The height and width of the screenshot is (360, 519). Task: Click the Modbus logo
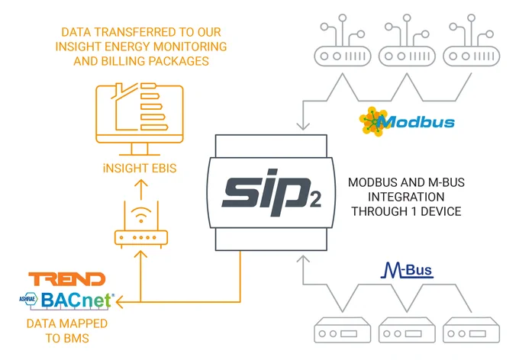coord(407,121)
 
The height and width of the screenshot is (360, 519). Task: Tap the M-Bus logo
coord(407,270)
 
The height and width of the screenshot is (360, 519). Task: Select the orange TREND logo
coord(67,279)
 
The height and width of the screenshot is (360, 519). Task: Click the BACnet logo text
coord(77,300)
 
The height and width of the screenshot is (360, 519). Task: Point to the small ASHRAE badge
coord(28,299)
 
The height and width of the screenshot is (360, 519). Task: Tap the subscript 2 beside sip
coord(315,200)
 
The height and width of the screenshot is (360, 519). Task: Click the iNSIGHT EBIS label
coord(140,168)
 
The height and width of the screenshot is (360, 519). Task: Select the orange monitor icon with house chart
coord(140,119)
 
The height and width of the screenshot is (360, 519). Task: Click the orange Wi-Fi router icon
coord(141,224)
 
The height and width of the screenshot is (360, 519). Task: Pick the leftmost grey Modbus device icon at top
coord(342,40)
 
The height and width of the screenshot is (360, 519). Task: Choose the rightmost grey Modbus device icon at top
coord(472,40)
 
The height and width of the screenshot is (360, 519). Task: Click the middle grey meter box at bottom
coord(407,330)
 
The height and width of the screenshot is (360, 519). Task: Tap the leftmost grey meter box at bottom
coord(342,330)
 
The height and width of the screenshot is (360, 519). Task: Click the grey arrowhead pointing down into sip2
coord(303,126)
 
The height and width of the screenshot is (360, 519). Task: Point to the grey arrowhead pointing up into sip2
coord(303,259)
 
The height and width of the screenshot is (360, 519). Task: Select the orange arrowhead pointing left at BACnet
coord(120,302)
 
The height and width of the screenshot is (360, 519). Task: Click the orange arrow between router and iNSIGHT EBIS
coord(141,190)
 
